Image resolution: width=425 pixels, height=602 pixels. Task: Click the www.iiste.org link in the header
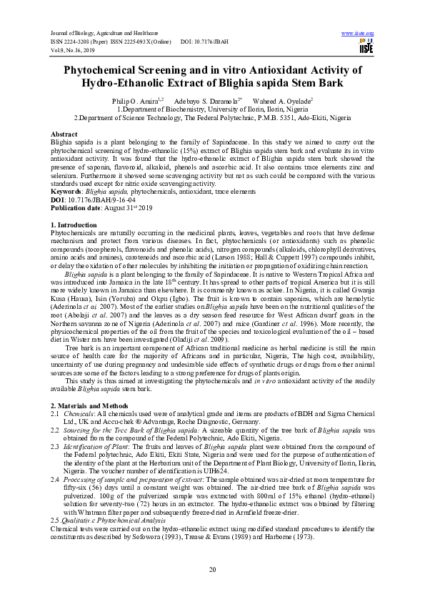point(358,34)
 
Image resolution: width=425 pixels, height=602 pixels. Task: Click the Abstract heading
point(64,134)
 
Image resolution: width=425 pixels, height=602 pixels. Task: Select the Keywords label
point(66,192)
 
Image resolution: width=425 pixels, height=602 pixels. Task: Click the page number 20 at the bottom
point(212,568)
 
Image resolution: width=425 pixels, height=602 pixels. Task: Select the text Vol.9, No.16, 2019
point(77,51)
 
